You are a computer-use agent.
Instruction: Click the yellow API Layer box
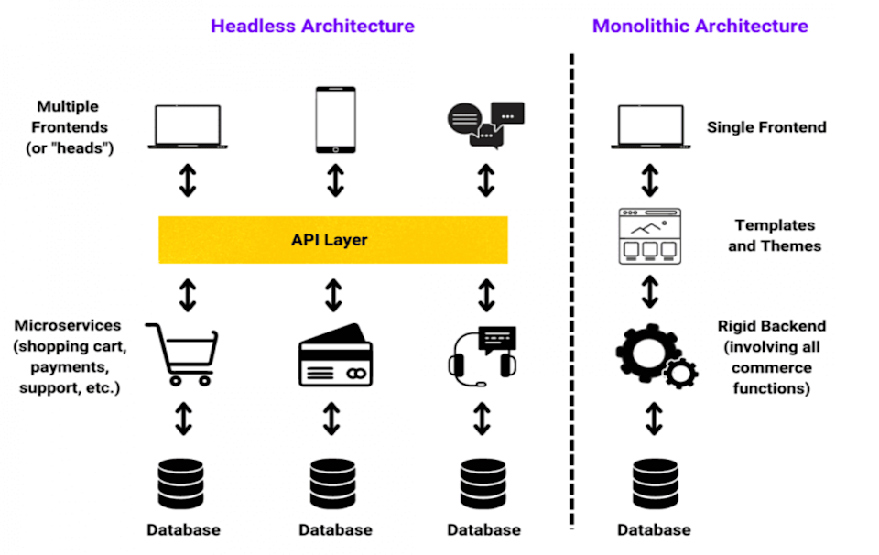(x=333, y=240)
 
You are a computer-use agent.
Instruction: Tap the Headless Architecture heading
(x=312, y=26)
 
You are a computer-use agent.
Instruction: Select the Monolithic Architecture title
(x=700, y=26)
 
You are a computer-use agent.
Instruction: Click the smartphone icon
(x=335, y=119)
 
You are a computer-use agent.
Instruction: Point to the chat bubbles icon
(x=485, y=125)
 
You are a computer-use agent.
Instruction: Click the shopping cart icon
(x=182, y=354)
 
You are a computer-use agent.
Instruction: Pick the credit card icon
(x=335, y=354)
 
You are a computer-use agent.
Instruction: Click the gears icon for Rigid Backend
(x=657, y=356)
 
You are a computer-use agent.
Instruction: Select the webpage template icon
(x=650, y=236)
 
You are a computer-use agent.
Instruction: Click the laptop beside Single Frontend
(x=651, y=126)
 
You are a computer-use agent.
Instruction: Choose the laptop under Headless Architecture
(x=188, y=126)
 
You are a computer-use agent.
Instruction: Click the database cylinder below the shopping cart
(x=180, y=484)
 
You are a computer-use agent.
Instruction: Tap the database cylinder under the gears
(x=655, y=484)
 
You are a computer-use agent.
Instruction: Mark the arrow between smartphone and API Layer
(x=335, y=180)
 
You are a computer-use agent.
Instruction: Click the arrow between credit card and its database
(x=331, y=419)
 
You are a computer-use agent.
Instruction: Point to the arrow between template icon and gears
(x=650, y=291)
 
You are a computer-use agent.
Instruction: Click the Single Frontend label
(x=766, y=127)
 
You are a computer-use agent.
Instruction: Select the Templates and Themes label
(x=775, y=235)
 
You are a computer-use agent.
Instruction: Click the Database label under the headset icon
(x=483, y=529)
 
